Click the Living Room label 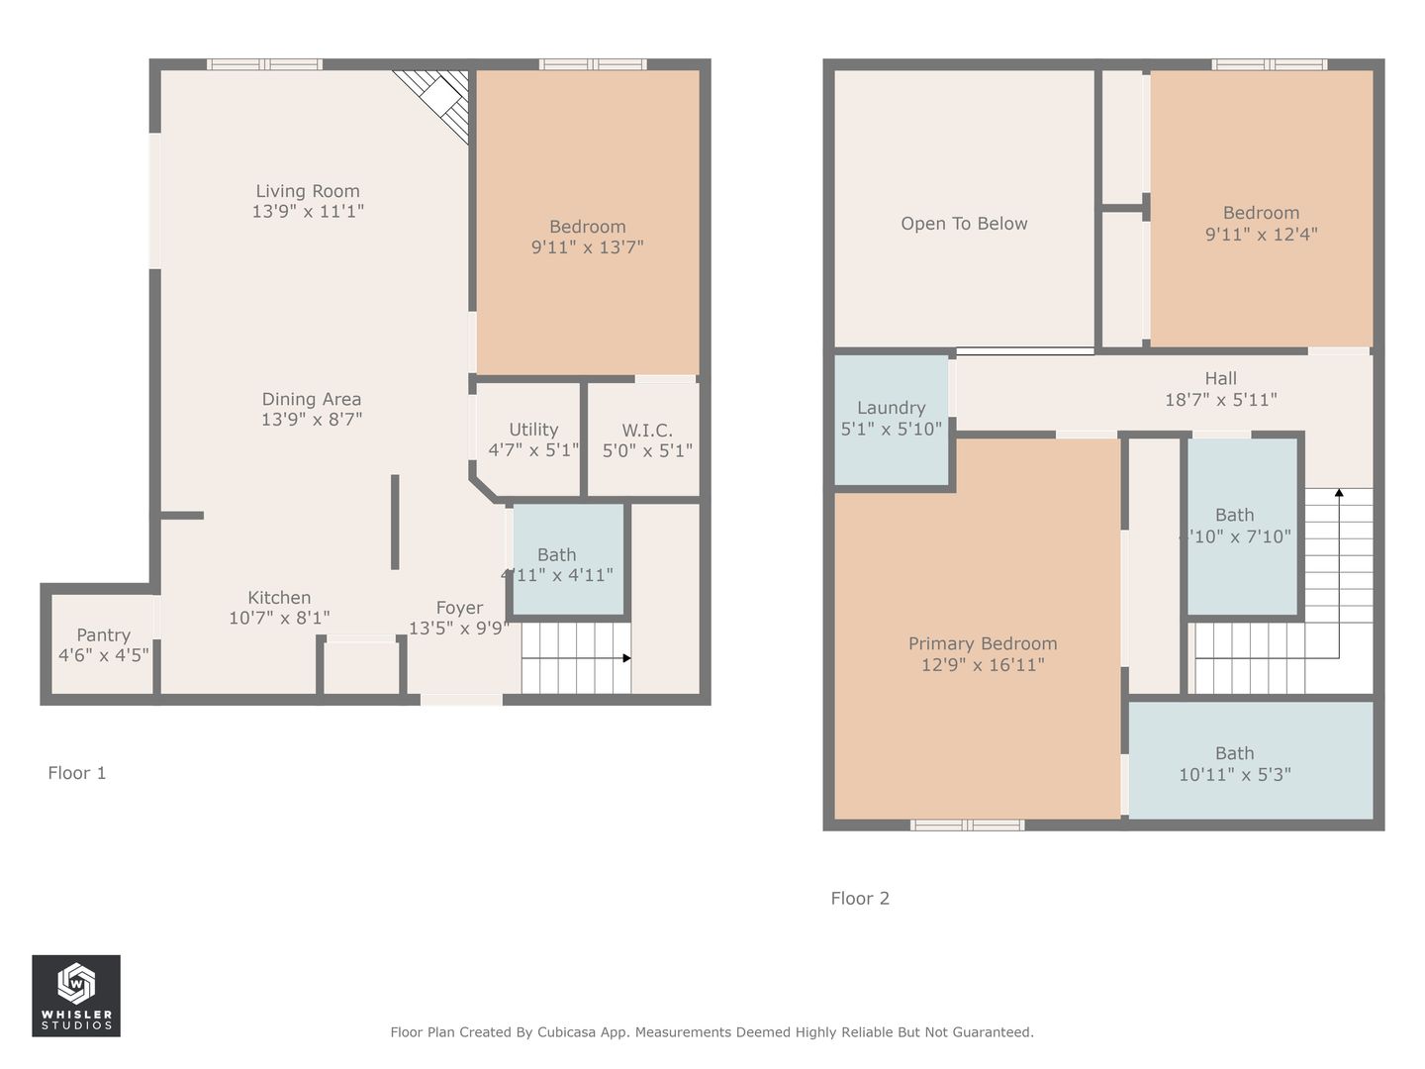tap(307, 191)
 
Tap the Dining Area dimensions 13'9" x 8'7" tap(312, 420)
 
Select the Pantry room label tap(103, 634)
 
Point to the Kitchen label tap(279, 597)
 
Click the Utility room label tap(533, 430)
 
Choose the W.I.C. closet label tap(647, 430)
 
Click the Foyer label tap(459, 608)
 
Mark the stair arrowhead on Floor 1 tap(626, 658)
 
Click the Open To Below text tap(964, 224)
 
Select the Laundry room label tap(891, 408)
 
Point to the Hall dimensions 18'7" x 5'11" tap(1220, 400)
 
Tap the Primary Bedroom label tap(983, 643)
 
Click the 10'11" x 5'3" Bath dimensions tap(1235, 774)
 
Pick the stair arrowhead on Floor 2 tap(1339, 493)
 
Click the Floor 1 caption tap(76, 773)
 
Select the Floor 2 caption tap(860, 899)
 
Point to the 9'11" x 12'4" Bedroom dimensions tap(1262, 235)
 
